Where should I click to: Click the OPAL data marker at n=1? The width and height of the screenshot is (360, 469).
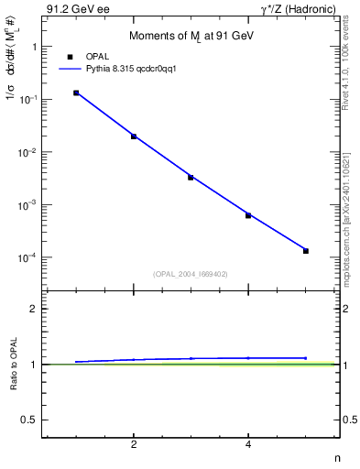[x=76, y=93]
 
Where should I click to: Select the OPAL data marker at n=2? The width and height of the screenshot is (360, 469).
[x=134, y=136]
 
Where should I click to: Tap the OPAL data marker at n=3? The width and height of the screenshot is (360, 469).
[x=191, y=177]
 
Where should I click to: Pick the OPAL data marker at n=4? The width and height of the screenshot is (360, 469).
[x=248, y=215]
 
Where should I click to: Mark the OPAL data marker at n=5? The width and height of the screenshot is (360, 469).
[x=306, y=251]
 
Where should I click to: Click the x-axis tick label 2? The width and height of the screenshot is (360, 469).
[x=134, y=445]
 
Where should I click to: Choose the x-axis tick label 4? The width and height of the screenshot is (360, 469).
[x=248, y=445]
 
